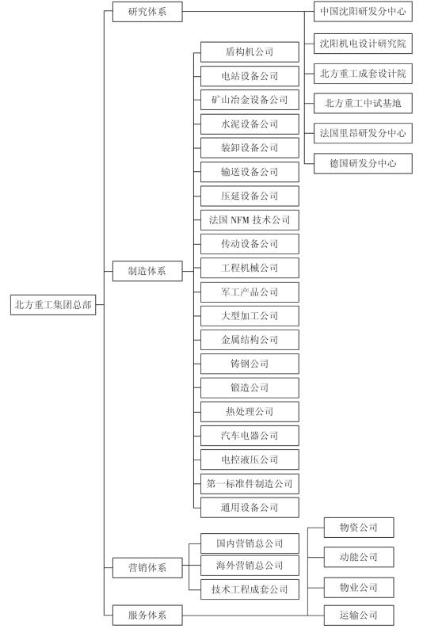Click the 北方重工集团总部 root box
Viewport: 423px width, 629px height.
click(x=53, y=305)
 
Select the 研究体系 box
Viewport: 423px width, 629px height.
click(x=147, y=12)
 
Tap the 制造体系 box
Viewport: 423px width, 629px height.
click(x=147, y=271)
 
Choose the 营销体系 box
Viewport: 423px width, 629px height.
click(x=147, y=568)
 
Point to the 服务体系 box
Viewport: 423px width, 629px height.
click(x=147, y=615)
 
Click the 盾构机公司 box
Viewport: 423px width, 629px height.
click(x=250, y=51)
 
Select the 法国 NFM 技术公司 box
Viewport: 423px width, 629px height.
click(x=250, y=219)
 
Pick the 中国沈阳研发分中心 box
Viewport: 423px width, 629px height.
click(x=363, y=12)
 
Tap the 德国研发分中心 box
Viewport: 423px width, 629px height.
click(x=363, y=163)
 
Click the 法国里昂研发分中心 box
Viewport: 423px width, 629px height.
click(x=363, y=133)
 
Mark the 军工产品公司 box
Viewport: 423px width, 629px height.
click(x=250, y=292)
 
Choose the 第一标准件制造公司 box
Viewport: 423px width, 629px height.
click(x=250, y=484)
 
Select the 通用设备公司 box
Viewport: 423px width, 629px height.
click(x=250, y=508)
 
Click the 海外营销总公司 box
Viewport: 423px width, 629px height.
click(x=250, y=565)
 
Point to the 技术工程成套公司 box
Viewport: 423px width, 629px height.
click(x=250, y=589)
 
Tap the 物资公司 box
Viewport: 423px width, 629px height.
click(x=359, y=528)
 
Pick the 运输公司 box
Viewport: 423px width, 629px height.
click(x=359, y=615)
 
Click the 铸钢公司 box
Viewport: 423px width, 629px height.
click(x=250, y=364)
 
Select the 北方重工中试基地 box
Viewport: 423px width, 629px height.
click(x=363, y=104)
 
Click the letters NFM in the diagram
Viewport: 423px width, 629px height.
click(x=240, y=219)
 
